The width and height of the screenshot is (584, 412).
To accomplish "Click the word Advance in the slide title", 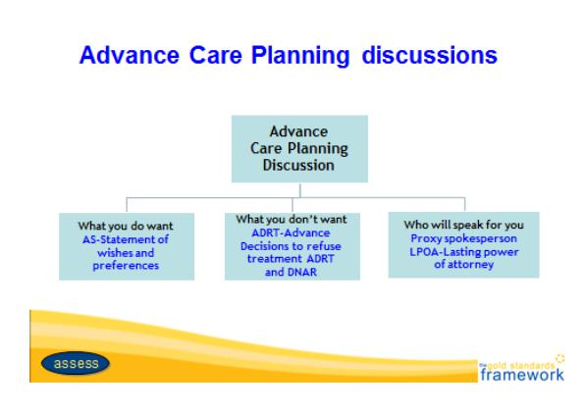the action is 130,55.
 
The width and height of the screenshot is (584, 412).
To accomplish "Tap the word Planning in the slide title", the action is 300,56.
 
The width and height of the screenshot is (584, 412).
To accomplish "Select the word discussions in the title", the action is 430,55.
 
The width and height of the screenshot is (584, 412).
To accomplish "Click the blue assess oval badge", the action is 76,363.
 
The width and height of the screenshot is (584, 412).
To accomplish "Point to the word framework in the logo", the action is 522,374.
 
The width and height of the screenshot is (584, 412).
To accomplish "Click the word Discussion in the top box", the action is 298,165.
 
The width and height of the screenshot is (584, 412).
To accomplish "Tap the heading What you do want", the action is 126,226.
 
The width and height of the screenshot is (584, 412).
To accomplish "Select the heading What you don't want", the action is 292,219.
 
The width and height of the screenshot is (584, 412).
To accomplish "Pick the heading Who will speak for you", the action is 463,225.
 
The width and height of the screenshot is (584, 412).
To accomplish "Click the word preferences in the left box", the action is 126,266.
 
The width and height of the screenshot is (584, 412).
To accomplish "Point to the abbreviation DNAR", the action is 301,272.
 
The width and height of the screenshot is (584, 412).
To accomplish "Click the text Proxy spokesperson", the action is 463,238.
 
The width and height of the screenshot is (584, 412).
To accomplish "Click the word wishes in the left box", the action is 114,253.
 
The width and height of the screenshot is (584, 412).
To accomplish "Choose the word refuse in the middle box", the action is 324,246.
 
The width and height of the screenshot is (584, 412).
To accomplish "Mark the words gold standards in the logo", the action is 520,365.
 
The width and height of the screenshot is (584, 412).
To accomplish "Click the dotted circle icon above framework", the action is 559,358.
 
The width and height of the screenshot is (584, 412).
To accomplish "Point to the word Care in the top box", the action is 266,148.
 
